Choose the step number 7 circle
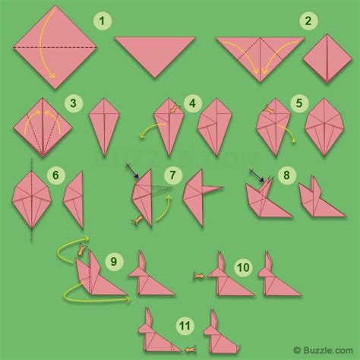[172, 176]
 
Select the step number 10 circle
[243, 267]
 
